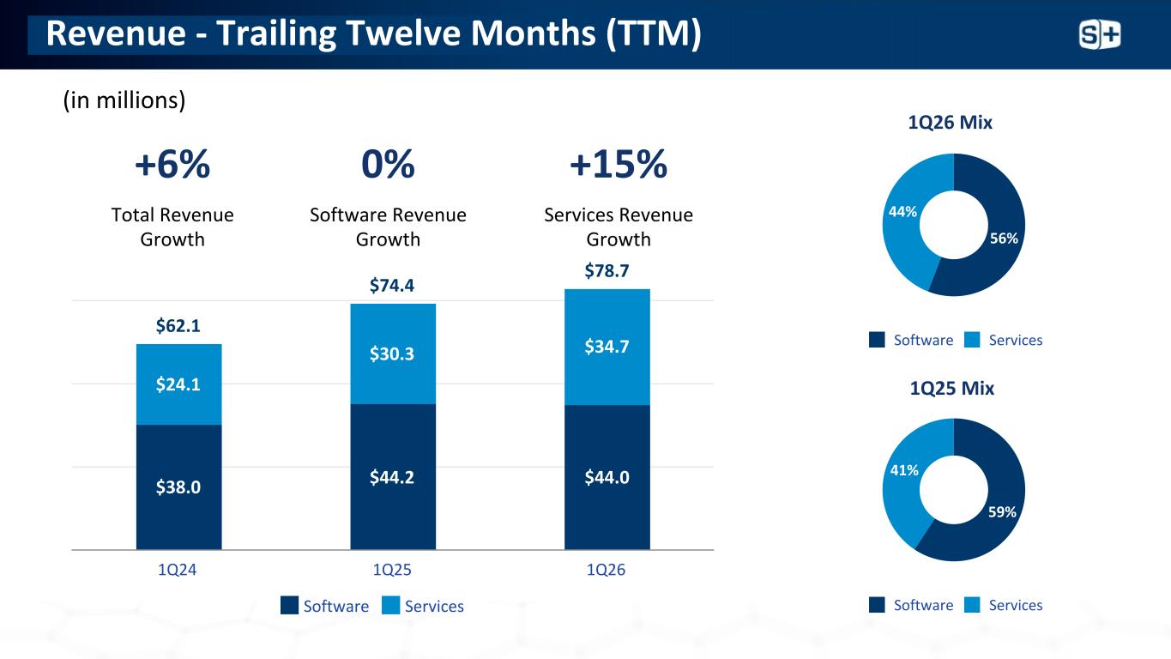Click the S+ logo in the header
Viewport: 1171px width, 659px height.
pos(1099,35)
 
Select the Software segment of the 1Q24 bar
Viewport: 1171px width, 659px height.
pos(178,487)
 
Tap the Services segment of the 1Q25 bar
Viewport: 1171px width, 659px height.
pos(393,354)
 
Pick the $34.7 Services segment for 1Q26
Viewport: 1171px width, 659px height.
pos(607,347)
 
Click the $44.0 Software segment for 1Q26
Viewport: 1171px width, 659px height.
pos(607,477)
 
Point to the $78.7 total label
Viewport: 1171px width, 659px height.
pos(607,272)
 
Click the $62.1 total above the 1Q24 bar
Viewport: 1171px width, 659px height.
pos(178,326)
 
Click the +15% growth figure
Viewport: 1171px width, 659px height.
pos(619,165)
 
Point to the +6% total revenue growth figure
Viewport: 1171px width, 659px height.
pos(172,165)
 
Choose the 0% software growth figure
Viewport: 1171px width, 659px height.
pos(388,165)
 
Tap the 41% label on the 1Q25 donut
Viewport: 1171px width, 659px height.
pos(904,470)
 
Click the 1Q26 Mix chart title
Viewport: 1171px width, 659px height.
pos(950,123)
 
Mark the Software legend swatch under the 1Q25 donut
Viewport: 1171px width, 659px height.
pos(877,605)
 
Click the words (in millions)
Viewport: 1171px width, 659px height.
pos(124,100)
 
